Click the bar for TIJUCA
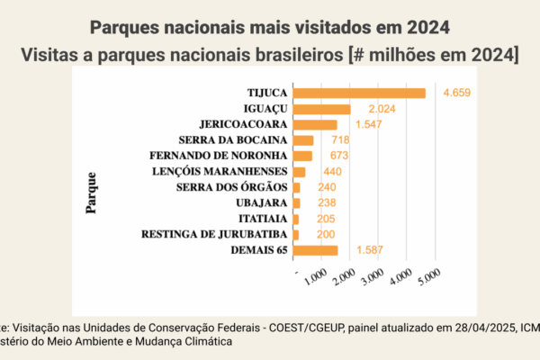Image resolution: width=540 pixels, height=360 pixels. [359, 93]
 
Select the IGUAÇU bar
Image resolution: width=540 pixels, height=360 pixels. [321, 109]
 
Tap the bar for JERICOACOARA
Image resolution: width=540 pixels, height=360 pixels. [315, 124]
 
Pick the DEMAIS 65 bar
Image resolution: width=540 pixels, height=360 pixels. [315, 250]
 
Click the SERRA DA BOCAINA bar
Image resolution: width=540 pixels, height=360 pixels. [303, 140]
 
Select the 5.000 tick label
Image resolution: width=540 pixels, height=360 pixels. [427, 281]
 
